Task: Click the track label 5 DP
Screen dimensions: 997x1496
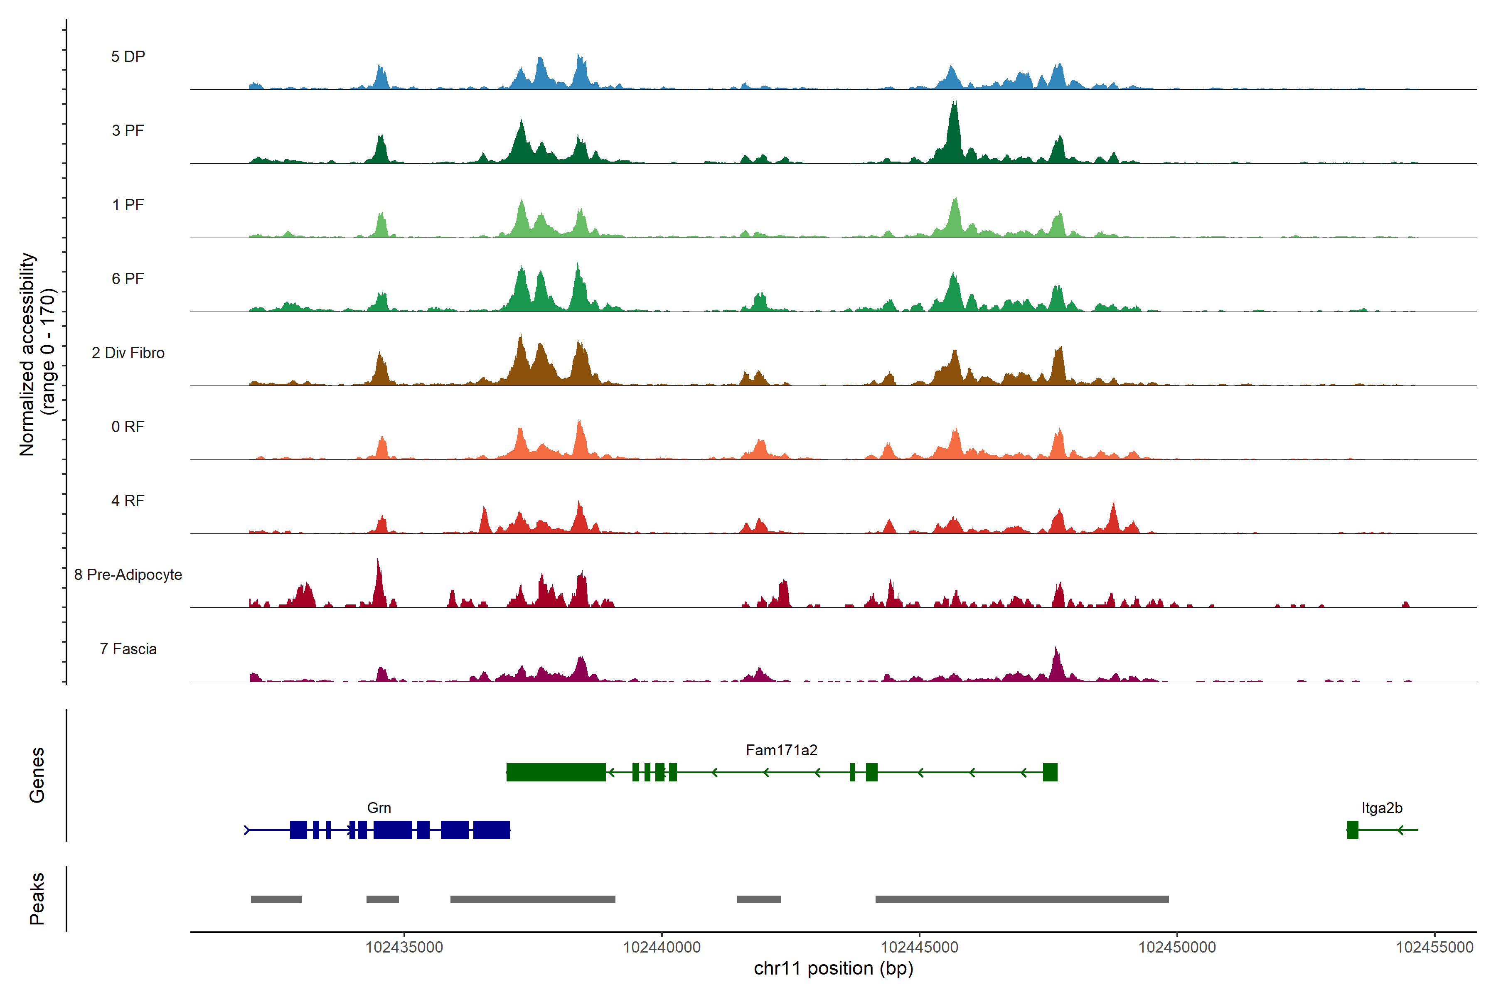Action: click(128, 56)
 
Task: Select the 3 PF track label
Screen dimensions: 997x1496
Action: click(128, 130)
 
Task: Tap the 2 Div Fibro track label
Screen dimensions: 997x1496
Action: click(128, 353)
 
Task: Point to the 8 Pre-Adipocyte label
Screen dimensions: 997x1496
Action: click(128, 575)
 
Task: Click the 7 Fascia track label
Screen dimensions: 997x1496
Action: click(128, 649)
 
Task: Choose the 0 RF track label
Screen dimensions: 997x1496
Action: click(128, 427)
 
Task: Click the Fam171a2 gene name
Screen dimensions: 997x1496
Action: click(781, 750)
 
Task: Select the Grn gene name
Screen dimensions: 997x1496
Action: click(379, 808)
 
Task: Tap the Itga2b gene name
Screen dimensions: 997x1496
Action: click(1381, 808)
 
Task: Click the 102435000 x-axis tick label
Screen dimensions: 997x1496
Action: click(404, 948)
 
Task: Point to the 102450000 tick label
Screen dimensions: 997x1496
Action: click(1177, 948)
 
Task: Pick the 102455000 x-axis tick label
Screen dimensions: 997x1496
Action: click(1434, 948)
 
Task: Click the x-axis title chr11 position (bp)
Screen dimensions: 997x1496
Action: click(833, 968)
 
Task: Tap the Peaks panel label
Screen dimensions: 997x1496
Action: click(37, 899)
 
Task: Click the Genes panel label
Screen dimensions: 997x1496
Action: click(37, 775)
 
